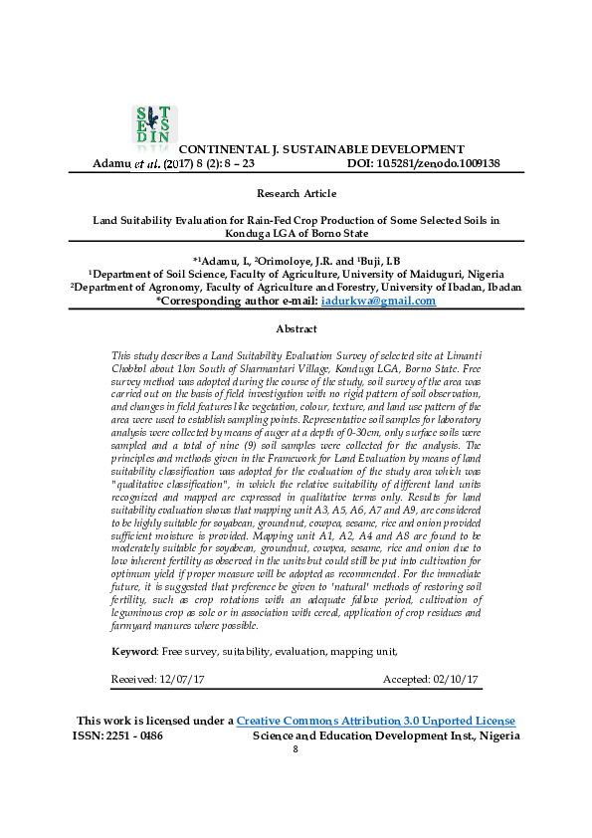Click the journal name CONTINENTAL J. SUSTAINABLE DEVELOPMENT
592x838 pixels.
[x=321, y=148]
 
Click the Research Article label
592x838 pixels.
[x=296, y=193]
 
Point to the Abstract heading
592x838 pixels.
[x=296, y=328]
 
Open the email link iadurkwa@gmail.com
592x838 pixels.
[x=378, y=301]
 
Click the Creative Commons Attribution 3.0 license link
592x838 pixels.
[x=375, y=721]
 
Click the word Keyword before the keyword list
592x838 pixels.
[x=133, y=651]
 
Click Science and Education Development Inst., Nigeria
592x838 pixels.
[x=386, y=735]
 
